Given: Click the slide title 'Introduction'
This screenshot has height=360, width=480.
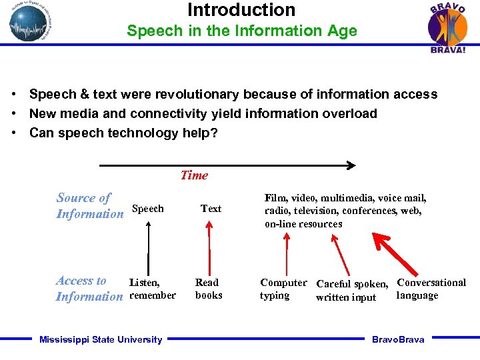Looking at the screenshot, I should pos(241,10).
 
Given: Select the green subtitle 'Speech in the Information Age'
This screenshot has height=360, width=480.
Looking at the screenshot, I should pos(241,31).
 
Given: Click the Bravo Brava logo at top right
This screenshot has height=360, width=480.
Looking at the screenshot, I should pos(447,27).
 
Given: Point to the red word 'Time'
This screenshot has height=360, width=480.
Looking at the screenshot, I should pos(194,175).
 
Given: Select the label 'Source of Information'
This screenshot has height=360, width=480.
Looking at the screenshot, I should pos(89,206).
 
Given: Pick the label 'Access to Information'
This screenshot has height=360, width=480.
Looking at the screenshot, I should pos(89,289).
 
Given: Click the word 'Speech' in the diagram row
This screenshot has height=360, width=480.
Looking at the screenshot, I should pos(148,209).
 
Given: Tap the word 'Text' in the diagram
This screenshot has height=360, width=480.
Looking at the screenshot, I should pos(211,209).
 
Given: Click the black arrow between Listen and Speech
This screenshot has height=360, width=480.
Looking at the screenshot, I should pos(148,247).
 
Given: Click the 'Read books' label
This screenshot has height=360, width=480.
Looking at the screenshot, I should pos(208,289).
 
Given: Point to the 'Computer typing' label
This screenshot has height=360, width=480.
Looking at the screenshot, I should pos(283,289).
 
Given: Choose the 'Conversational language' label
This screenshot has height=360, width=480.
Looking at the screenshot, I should pos(431,289).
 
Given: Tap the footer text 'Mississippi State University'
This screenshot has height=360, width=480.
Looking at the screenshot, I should pos(101,340).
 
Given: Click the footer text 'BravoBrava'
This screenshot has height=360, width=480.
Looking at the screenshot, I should pos(397,340).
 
